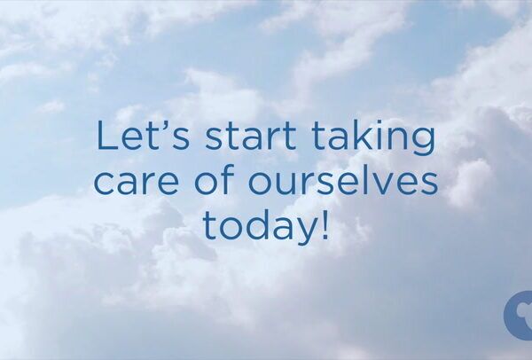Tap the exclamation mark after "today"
pyautogui.click(x=325, y=223)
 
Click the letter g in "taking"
pyautogui.click(x=423, y=144)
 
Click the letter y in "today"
pyautogui.click(x=306, y=231)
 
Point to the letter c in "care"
pyautogui.click(x=104, y=184)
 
